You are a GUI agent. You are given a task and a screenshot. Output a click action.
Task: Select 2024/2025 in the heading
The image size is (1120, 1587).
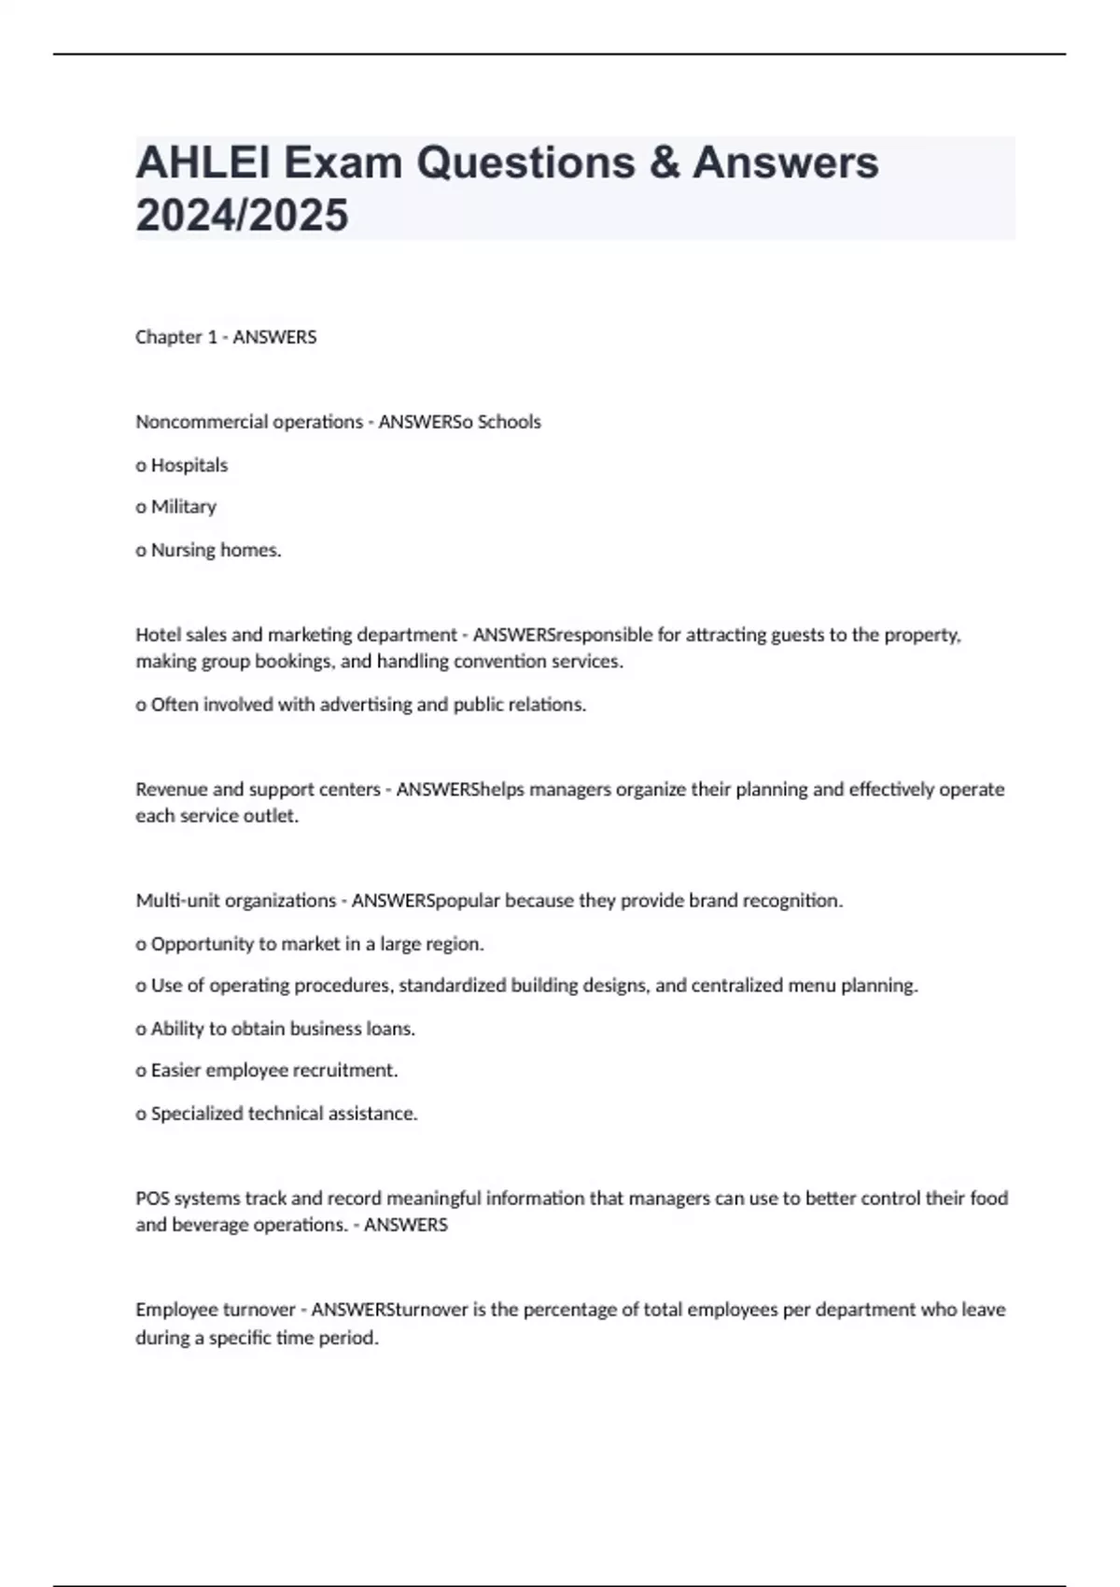pyautogui.click(x=242, y=216)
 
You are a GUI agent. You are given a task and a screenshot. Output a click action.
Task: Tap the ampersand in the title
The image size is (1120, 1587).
pyautogui.click(x=664, y=163)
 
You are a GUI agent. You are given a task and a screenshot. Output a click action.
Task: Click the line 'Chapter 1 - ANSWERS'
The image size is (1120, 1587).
pyautogui.click(x=226, y=337)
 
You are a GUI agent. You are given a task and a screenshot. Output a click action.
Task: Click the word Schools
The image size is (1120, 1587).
pyautogui.click(x=509, y=422)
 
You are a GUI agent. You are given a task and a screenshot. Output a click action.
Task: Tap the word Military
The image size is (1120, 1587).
pyautogui.click(x=183, y=507)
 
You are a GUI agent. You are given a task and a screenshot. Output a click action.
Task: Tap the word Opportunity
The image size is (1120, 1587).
pyautogui.click(x=202, y=944)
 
